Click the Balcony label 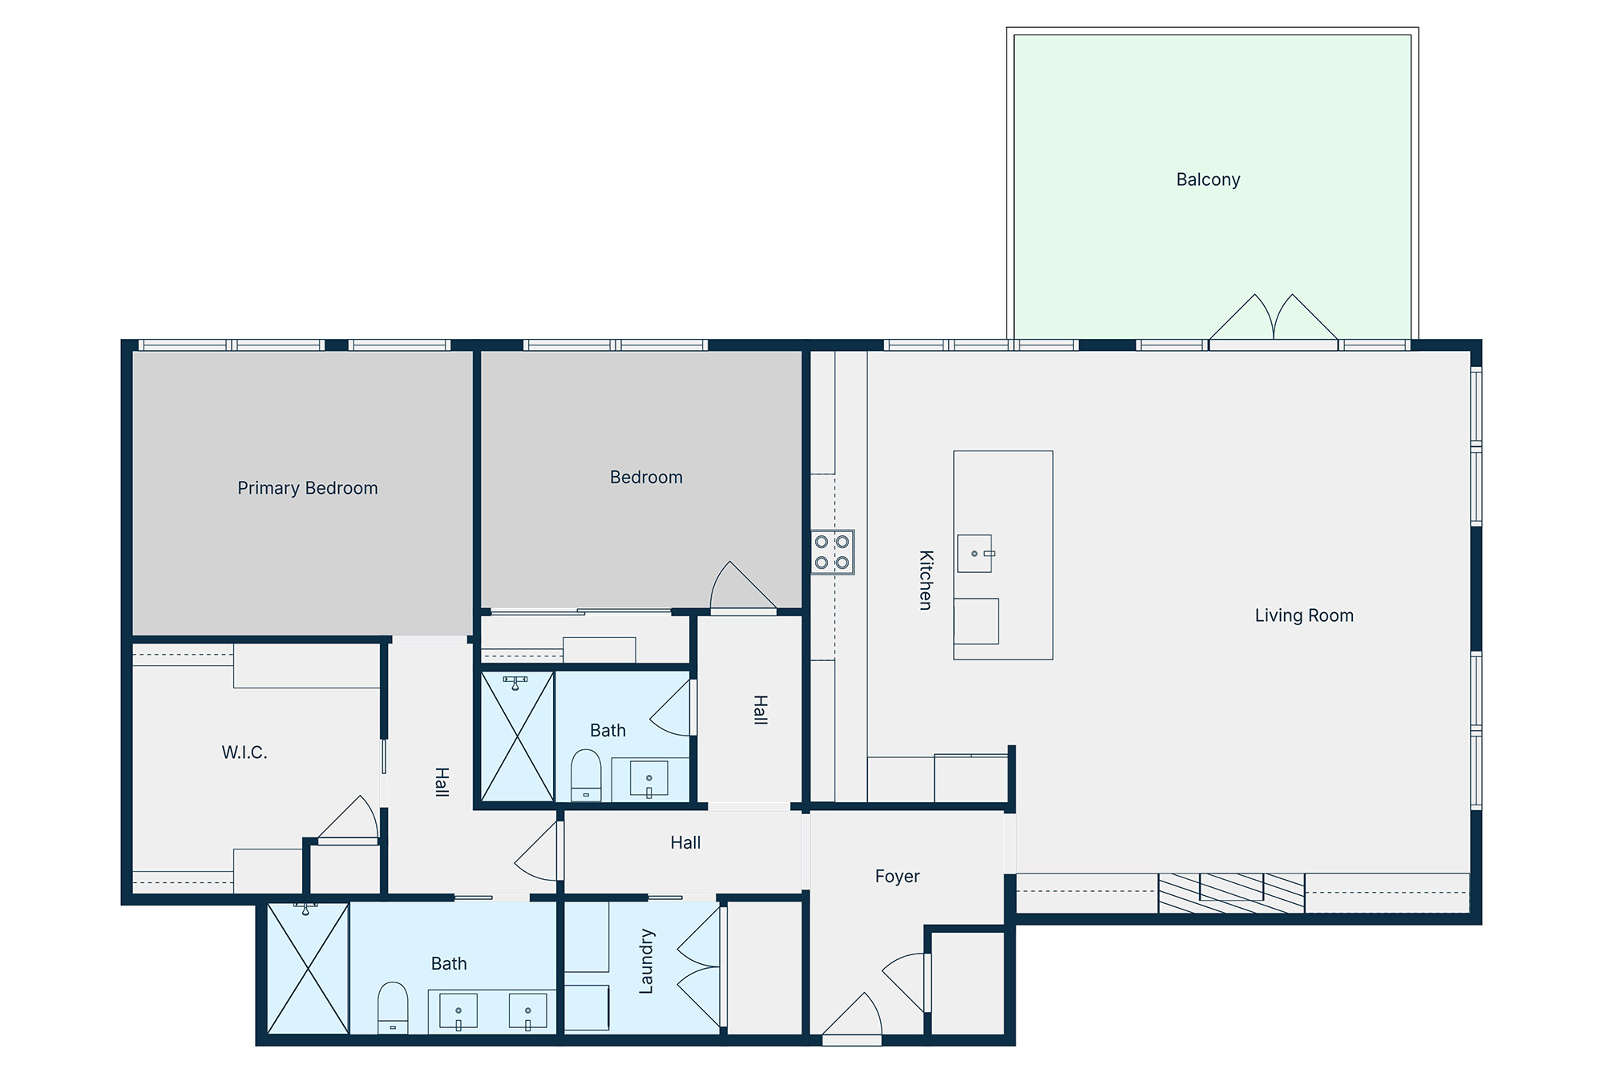tap(1208, 180)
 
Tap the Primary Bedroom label tap(308, 488)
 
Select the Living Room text tap(1304, 615)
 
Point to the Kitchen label tap(926, 580)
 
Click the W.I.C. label tap(244, 752)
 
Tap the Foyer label tap(897, 877)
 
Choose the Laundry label tap(646, 962)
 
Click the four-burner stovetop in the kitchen tap(833, 552)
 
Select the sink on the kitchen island tap(975, 554)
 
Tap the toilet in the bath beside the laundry tap(393, 1007)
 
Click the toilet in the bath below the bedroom tap(586, 775)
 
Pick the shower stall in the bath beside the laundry tap(308, 968)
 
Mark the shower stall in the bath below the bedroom tap(518, 736)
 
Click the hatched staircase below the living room tap(1232, 893)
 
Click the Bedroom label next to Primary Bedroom tap(646, 478)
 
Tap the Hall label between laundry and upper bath tap(685, 842)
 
